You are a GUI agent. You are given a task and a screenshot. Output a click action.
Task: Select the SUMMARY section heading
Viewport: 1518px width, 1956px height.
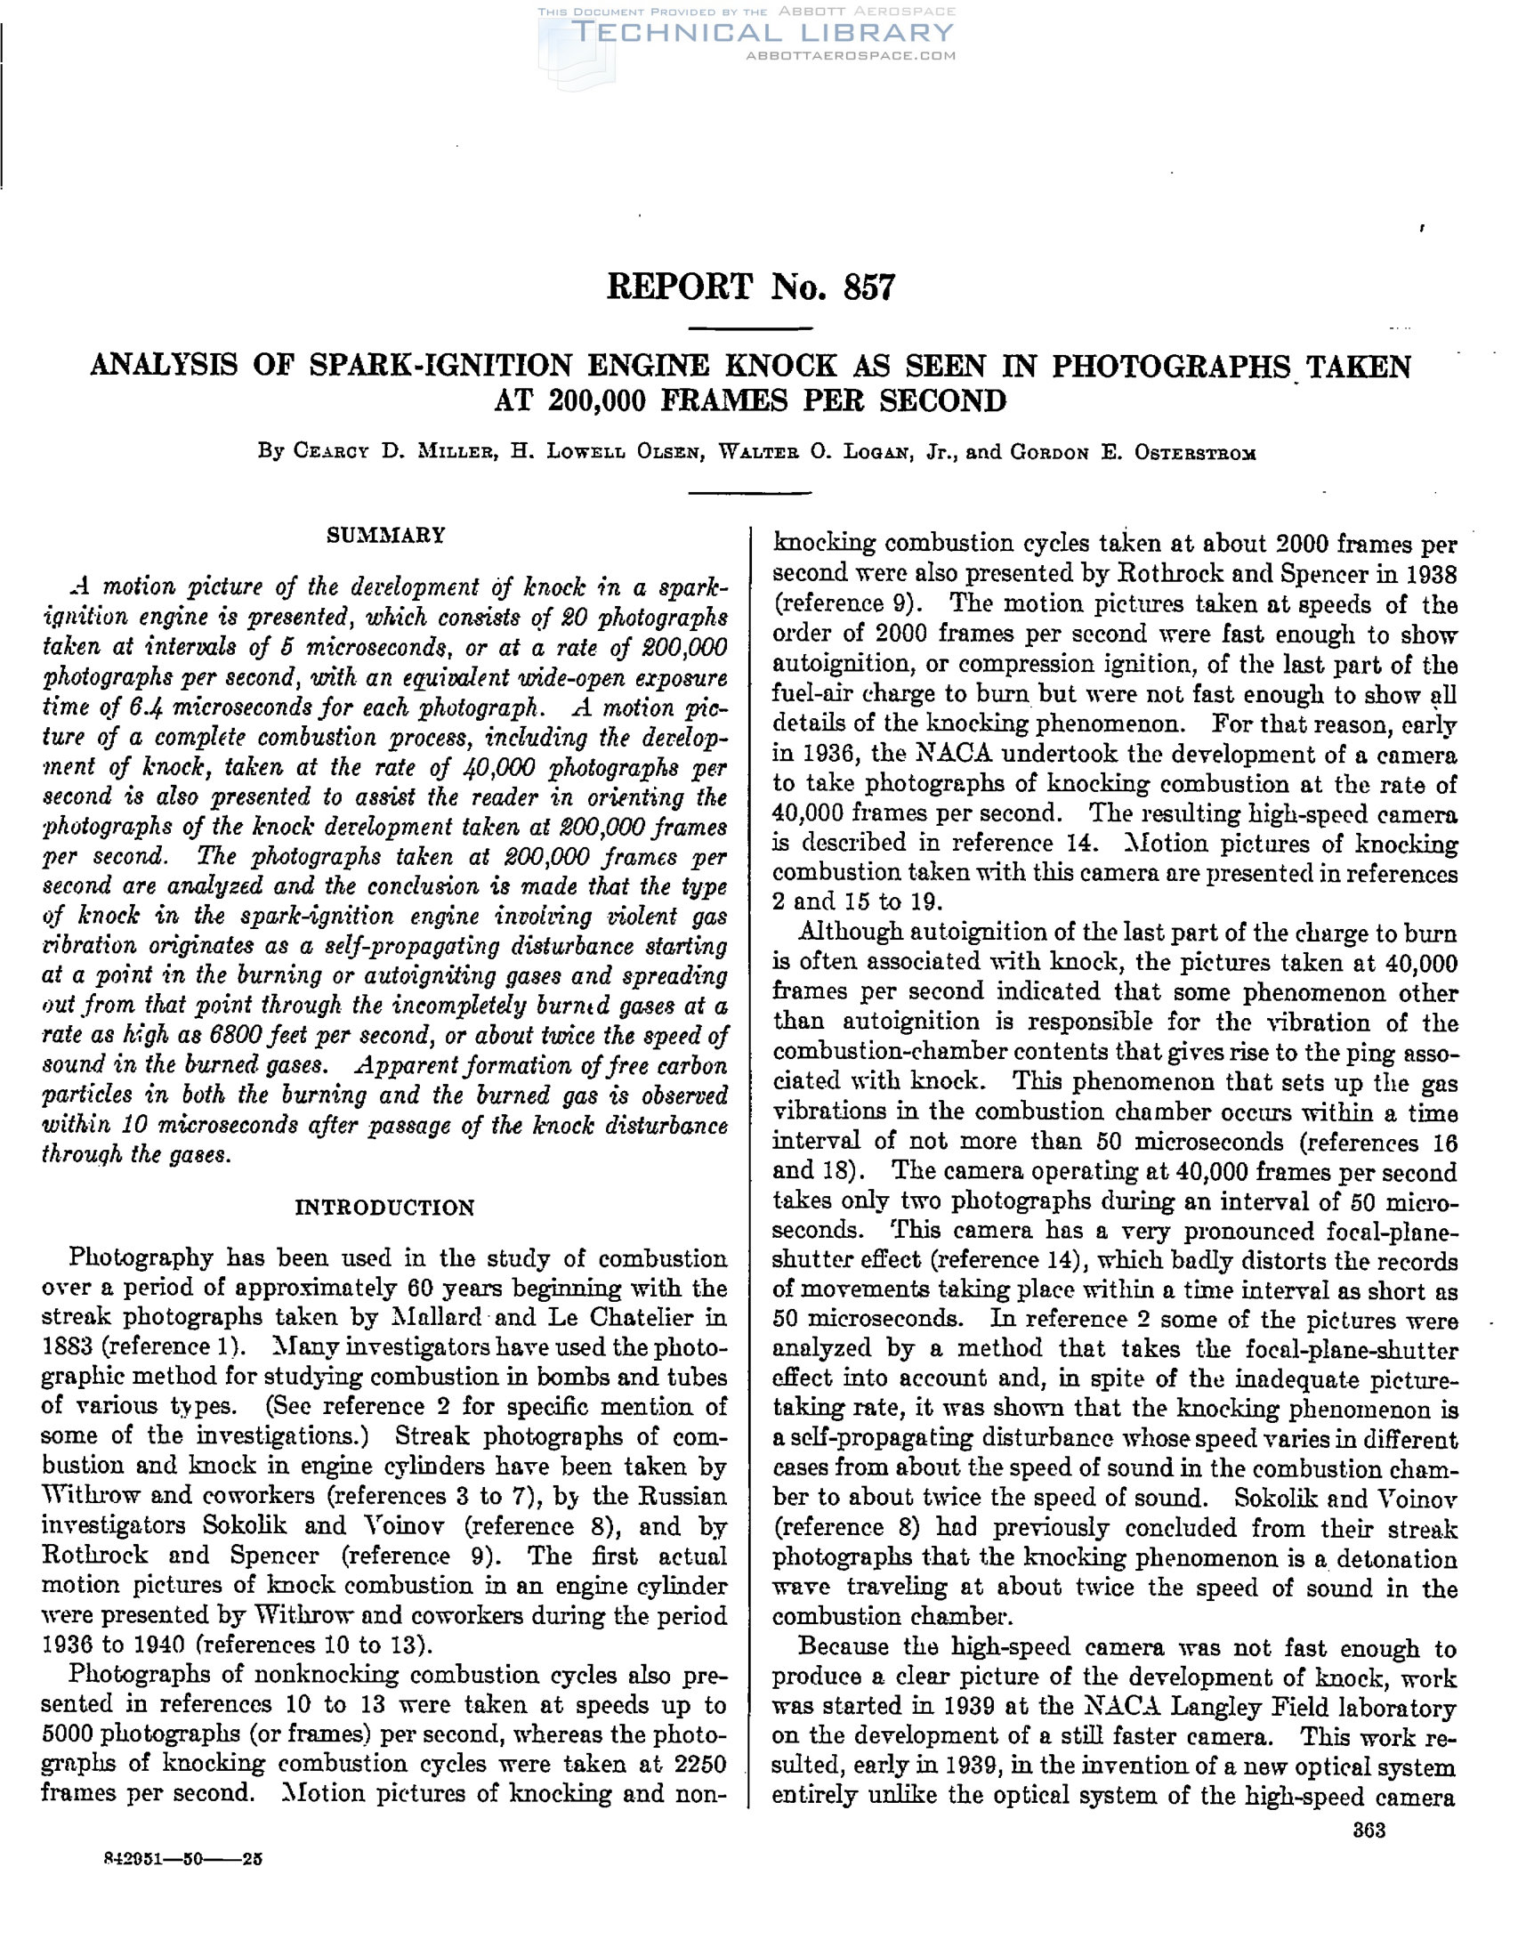385,536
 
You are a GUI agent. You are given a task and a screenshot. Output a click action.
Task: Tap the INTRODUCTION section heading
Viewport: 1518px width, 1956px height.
385,1208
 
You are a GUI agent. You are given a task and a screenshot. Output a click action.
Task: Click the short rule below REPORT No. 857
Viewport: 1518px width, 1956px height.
750,329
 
